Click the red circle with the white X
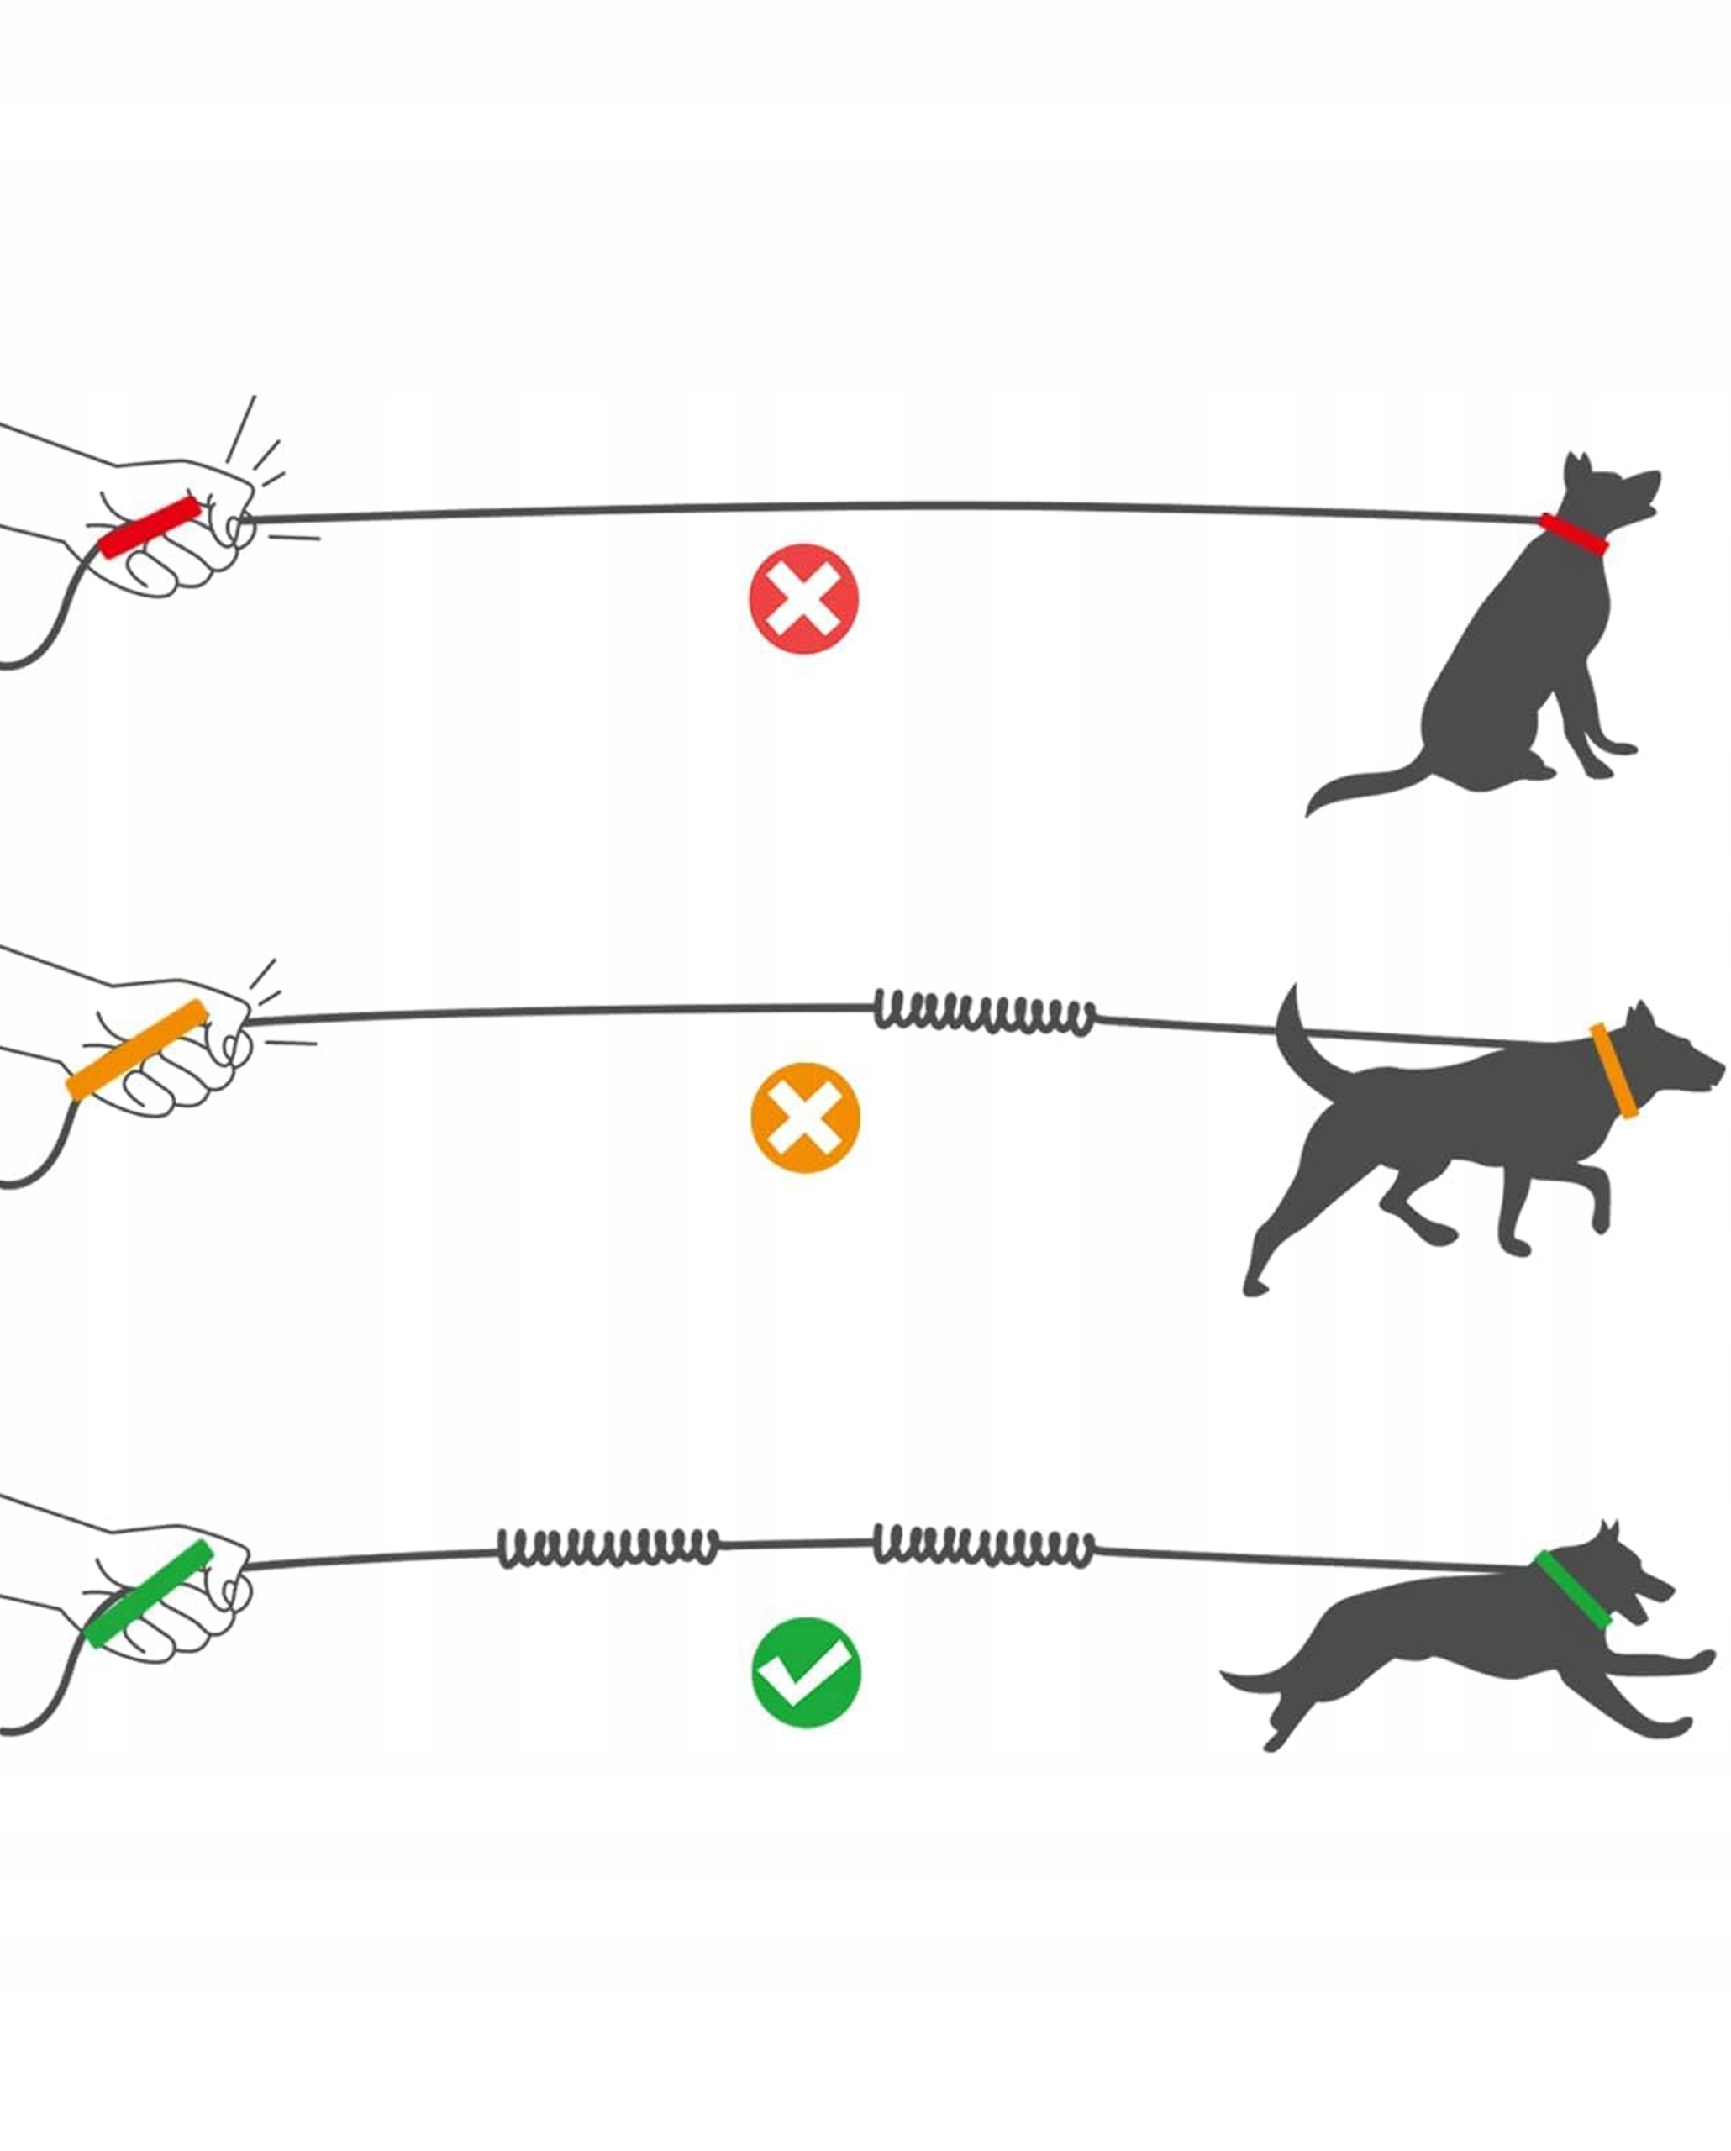[803, 598]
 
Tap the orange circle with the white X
[804, 1118]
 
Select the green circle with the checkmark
[805, 1672]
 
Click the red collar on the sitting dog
[1573, 533]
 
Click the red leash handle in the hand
[150, 527]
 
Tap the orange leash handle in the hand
[137, 1049]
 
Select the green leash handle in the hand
[148, 1593]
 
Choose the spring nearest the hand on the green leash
[608, 1548]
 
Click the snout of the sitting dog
[1647, 490]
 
